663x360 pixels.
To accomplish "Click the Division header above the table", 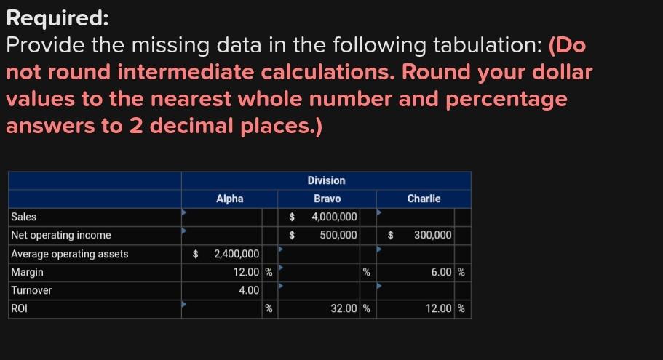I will [326, 180].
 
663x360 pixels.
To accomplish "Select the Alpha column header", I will [229, 199].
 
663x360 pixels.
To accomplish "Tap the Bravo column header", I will [327, 199].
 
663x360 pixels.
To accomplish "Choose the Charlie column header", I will [424, 199].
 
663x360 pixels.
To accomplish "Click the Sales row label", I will [24, 217].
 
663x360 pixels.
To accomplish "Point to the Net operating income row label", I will [61, 235].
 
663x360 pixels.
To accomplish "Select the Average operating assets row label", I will [70, 254].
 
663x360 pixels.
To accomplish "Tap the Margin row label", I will [28, 272].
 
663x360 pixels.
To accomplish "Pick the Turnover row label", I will [31, 290].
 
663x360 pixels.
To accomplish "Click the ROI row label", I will [19, 308].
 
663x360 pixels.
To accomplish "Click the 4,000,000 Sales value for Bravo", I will [334, 217].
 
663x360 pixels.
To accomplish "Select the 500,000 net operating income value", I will [338, 235].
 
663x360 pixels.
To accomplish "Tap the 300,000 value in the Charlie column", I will [433, 235].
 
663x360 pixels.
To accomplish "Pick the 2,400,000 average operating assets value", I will [236, 254].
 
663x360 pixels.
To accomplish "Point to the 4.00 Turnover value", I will [250, 290].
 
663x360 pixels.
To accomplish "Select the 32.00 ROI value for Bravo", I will [344, 308].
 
